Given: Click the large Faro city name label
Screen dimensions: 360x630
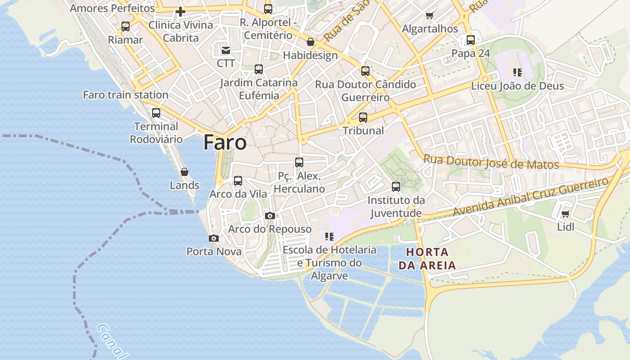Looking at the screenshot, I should [225, 142].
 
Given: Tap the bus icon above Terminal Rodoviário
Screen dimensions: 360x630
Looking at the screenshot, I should [156, 112].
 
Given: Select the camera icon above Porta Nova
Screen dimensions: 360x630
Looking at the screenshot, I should [214, 238].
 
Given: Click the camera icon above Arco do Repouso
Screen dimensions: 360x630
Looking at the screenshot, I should [270, 216].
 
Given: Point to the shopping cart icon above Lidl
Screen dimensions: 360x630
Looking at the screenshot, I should [565, 214].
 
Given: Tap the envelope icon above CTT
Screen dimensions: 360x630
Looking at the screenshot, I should [225, 50].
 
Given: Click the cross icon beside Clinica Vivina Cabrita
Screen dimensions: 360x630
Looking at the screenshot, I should [180, 12].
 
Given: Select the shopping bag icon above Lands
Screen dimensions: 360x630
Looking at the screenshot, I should [184, 172].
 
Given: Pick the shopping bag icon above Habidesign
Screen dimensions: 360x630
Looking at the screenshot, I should [310, 42].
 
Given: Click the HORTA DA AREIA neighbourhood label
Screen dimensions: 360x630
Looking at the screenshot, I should [427, 258].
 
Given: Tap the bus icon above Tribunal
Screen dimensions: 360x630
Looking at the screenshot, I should [363, 117].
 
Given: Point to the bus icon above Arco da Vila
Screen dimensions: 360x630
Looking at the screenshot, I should [238, 181].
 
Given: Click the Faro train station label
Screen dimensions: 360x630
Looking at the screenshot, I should [126, 95].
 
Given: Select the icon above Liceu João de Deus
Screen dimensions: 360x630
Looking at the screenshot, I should [517, 72].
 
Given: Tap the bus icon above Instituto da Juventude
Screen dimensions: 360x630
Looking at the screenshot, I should [396, 186].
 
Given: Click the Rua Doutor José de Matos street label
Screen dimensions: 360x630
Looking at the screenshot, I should [491, 162].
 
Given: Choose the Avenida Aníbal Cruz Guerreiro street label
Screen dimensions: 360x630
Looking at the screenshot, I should [531, 196].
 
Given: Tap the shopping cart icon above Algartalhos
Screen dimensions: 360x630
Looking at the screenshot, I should [429, 16].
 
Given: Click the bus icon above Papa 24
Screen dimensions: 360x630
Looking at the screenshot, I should [471, 40].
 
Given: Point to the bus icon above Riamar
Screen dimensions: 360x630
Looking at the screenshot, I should [126, 27].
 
